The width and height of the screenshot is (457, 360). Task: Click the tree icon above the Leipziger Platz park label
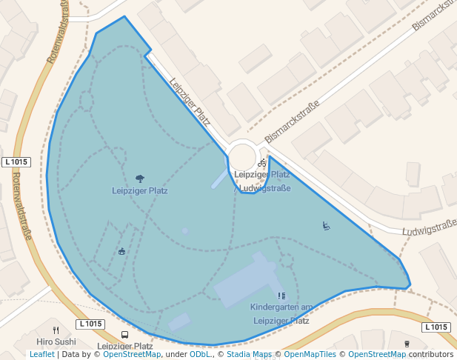(x=140, y=179)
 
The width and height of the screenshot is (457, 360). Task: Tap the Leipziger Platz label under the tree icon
(x=140, y=190)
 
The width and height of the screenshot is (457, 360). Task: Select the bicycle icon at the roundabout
(x=261, y=163)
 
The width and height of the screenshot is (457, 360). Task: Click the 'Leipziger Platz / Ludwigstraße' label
(x=262, y=181)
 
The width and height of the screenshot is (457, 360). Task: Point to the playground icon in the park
(x=326, y=225)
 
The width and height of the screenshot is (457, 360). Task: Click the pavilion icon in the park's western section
(x=122, y=251)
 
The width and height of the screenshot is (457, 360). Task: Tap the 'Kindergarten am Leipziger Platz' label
(x=281, y=314)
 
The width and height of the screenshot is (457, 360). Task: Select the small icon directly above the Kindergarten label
(x=281, y=296)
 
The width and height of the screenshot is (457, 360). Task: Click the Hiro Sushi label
(x=56, y=341)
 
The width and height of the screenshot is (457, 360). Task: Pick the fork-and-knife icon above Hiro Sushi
(x=56, y=330)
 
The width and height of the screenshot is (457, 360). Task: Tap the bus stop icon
(x=124, y=335)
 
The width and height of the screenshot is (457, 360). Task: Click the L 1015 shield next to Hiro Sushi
(x=90, y=324)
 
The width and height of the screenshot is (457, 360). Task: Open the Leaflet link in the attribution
(x=41, y=355)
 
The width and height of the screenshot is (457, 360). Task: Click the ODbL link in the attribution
(x=199, y=355)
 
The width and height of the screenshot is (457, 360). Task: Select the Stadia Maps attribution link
(x=249, y=355)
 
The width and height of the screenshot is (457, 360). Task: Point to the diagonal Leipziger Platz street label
(x=190, y=101)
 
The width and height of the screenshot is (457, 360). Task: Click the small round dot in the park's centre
(x=185, y=231)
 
